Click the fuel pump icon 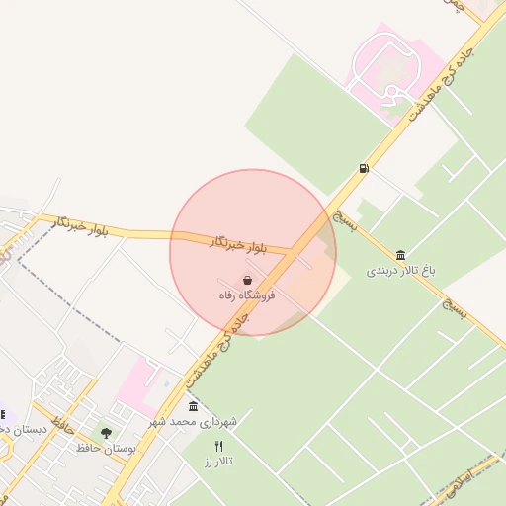pos(365,168)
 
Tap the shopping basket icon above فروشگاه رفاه pos(246,281)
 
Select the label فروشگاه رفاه pos(247,295)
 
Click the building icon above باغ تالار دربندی pos(400,255)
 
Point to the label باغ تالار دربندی pos(401,269)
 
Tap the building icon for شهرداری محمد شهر pos(192,407)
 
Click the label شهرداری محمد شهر pos(195,422)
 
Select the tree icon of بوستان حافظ pos(106,433)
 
